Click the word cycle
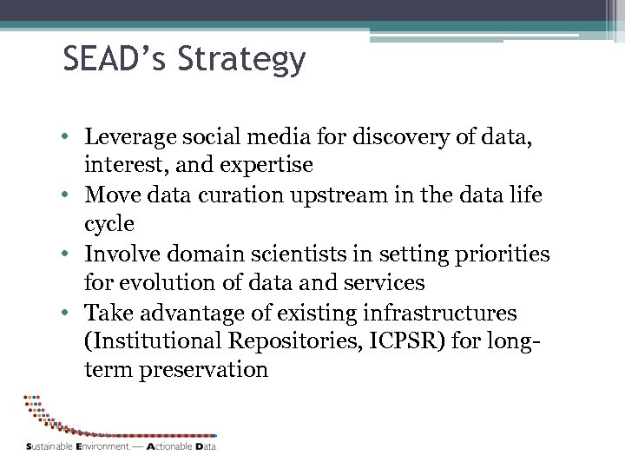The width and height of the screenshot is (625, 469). coord(109,224)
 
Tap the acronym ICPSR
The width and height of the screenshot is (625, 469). coord(416,341)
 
